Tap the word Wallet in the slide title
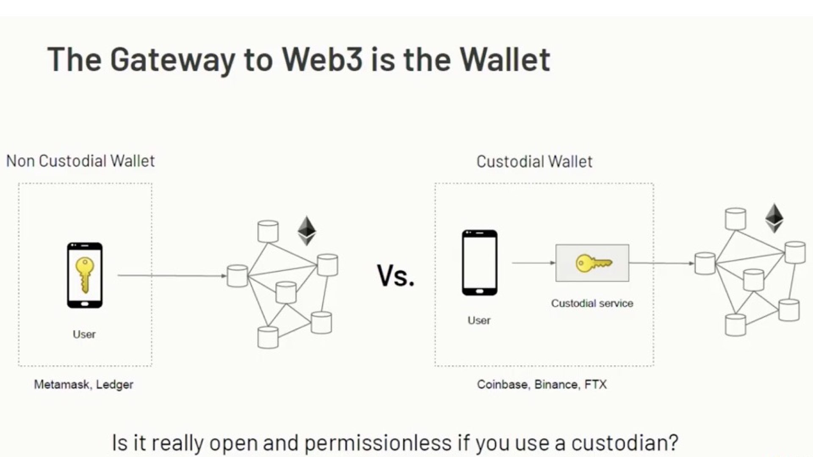[x=506, y=59]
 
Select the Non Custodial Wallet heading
[x=80, y=161]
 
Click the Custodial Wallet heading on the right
[x=534, y=161]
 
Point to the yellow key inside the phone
[x=85, y=274]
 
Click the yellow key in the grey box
[x=593, y=263]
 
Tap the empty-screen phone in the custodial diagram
[x=480, y=263]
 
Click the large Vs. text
[x=395, y=276]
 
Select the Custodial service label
[x=592, y=303]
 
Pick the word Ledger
[x=115, y=385]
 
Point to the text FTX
[x=596, y=384]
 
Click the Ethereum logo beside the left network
[x=307, y=231]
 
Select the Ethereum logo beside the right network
[x=774, y=218]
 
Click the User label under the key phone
[x=84, y=334]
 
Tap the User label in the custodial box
[x=479, y=320]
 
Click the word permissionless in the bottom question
[x=378, y=443]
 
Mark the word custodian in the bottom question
[x=625, y=443]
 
